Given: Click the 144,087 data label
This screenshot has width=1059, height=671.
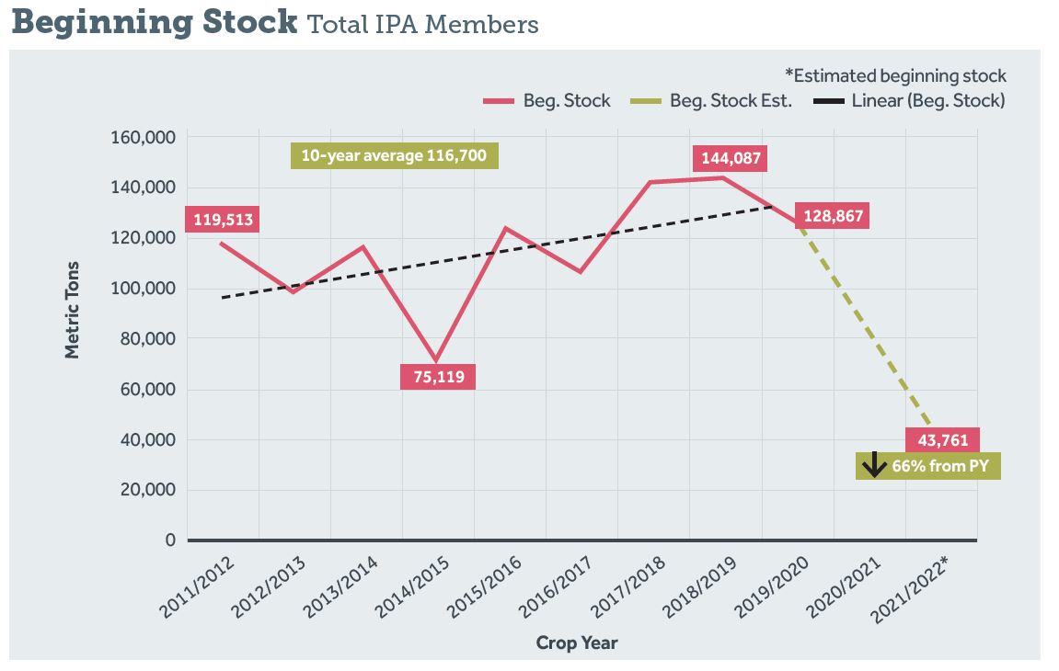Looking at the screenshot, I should point(731,158).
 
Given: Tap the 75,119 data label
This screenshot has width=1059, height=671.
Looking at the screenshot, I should point(438,377).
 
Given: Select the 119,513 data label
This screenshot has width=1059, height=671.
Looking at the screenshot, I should point(222,220).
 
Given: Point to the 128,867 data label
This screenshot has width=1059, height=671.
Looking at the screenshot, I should point(833,217).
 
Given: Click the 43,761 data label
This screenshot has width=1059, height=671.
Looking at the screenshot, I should point(942,440).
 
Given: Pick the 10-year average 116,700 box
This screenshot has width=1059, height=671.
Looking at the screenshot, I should point(394,156).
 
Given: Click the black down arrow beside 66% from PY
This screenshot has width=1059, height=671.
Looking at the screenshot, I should point(874,466).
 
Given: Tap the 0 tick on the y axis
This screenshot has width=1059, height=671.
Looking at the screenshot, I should point(170,540).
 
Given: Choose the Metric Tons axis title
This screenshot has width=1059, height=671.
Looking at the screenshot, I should point(73,310).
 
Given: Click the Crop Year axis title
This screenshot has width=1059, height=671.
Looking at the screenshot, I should point(577,643).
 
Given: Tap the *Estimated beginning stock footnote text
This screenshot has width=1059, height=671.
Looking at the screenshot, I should point(895,76).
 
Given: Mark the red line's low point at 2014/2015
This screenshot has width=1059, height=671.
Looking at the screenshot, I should point(436,360).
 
